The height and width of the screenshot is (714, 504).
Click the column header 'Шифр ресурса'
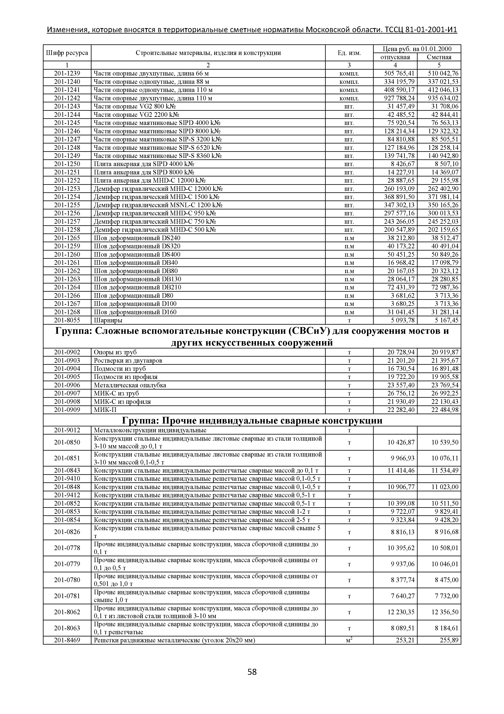tap(67, 53)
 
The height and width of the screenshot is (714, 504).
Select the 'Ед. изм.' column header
tap(349, 53)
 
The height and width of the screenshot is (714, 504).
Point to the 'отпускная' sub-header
tap(395, 57)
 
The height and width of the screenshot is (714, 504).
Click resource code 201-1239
tap(67, 73)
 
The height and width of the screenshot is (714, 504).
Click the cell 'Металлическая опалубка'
tap(130, 385)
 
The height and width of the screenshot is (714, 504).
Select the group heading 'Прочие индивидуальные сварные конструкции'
tap(252, 421)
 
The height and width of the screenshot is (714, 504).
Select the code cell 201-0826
tap(67, 532)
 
